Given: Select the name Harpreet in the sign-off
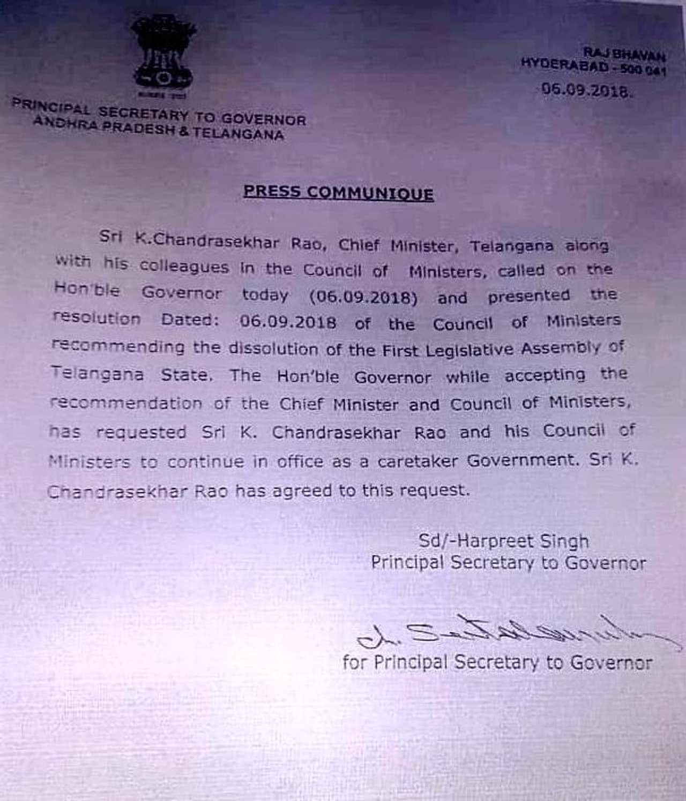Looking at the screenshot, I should click(486, 541).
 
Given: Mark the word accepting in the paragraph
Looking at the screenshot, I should click(545, 375).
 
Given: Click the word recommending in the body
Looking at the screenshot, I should click(118, 346).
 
